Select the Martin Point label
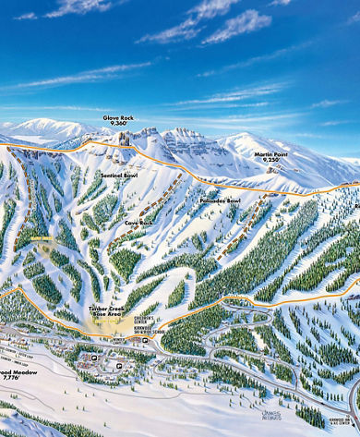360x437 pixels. click(270, 153)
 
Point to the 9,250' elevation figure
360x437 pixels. click(270, 160)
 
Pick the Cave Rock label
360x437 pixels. click(138, 224)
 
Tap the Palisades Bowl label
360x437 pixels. click(220, 200)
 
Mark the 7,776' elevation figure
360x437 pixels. click(11, 378)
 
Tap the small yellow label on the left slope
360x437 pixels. click(42, 238)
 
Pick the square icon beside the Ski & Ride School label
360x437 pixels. click(147, 340)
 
